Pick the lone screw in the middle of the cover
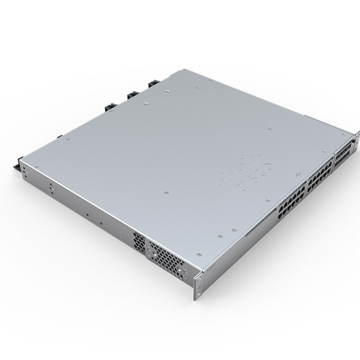(x=166, y=192)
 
